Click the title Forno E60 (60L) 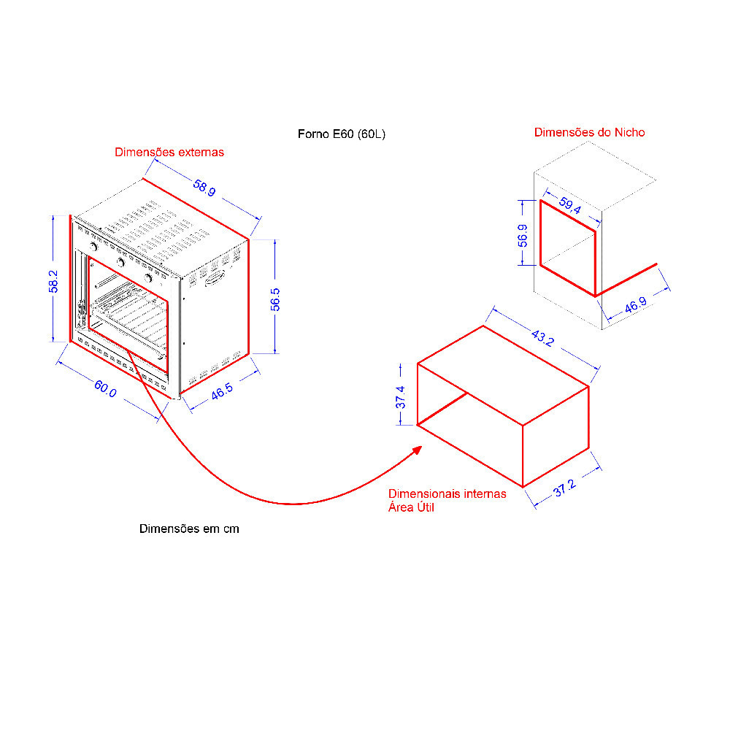tap(341, 134)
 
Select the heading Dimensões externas tap(169, 153)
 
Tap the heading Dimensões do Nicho tap(589, 132)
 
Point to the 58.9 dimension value tap(204, 188)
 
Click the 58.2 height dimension tap(53, 281)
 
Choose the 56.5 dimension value tap(275, 299)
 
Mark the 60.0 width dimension tap(105, 389)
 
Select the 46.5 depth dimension tap(222, 391)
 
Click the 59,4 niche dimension tap(570, 205)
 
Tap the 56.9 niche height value tap(523, 236)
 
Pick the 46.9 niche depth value tap(636, 305)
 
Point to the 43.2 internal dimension tap(542, 338)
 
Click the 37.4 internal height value tap(400, 397)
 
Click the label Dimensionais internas tap(447, 493)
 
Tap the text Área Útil tap(411, 507)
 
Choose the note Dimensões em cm tap(189, 529)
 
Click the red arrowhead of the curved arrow tap(417, 450)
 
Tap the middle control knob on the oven tap(121, 263)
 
